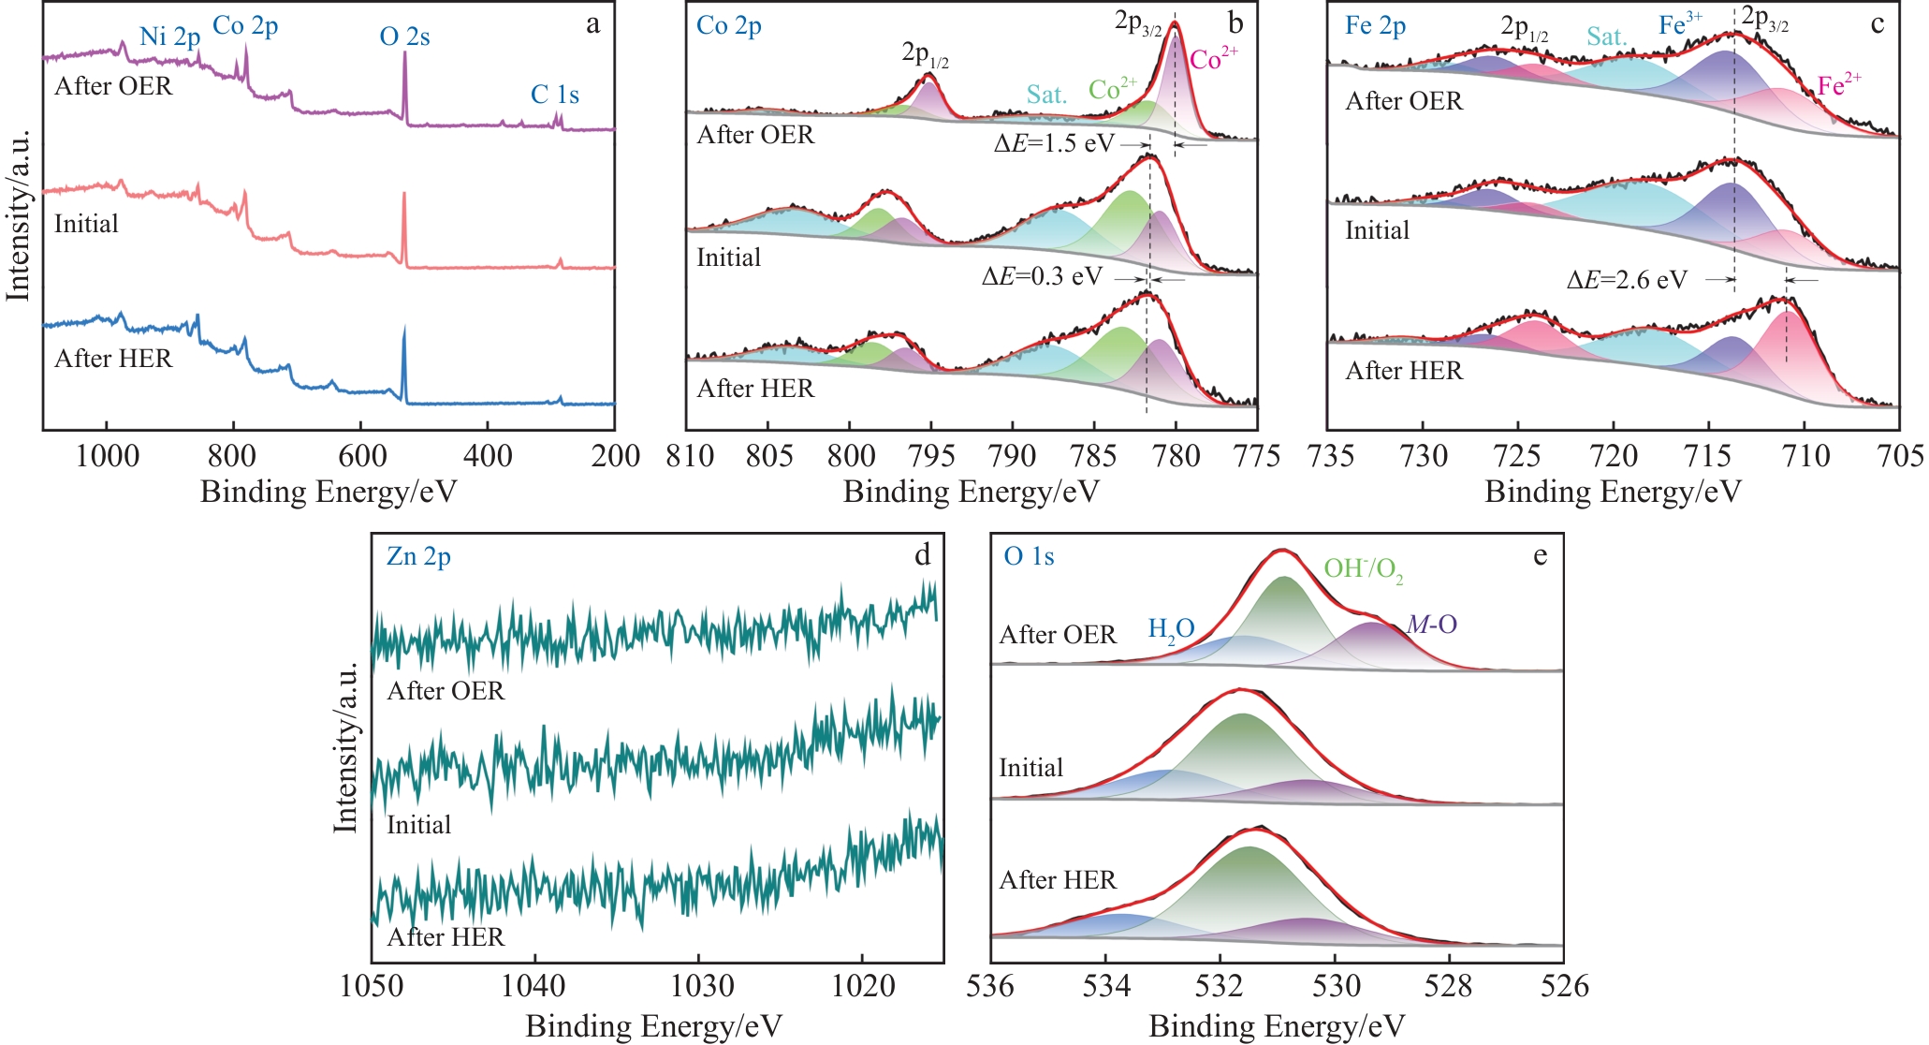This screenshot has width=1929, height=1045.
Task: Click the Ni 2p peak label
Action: tap(169, 37)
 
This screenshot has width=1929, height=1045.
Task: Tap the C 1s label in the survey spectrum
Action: tap(554, 95)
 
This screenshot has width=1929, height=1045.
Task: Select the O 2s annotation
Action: tap(404, 37)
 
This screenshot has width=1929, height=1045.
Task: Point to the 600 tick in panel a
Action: tap(361, 457)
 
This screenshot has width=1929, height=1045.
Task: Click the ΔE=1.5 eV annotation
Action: tap(1054, 143)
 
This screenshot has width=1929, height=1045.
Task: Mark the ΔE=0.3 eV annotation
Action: tap(1042, 277)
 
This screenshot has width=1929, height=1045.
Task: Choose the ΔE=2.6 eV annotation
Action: tap(1627, 280)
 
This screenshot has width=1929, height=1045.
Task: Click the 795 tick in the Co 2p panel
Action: tap(930, 457)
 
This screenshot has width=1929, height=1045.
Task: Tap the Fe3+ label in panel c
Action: tap(1680, 24)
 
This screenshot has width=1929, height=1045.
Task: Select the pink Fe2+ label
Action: tap(1838, 85)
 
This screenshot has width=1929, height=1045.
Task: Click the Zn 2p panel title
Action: tap(418, 557)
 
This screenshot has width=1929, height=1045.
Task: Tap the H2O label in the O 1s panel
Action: tap(1171, 630)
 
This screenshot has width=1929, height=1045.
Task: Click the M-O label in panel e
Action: tap(1432, 625)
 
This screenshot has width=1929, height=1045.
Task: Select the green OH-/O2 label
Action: tap(1363, 569)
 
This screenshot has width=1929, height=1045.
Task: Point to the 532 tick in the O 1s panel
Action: tap(1220, 986)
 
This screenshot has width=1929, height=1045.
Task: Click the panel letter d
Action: tap(922, 556)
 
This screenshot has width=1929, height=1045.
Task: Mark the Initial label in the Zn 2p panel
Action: tap(418, 825)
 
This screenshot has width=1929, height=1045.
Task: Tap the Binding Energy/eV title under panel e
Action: tap(1277, 1026)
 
